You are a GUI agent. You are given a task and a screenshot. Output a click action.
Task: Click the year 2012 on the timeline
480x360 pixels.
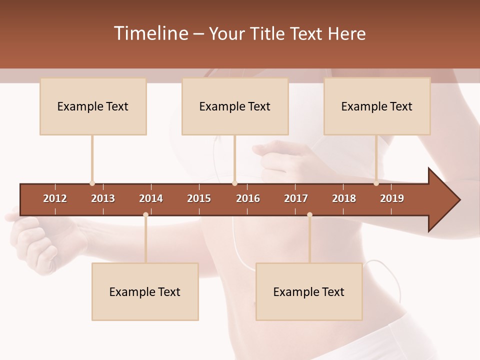click(x=55, y=198)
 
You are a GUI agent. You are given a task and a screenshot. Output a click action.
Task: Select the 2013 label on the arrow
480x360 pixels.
click(x=103, y=198)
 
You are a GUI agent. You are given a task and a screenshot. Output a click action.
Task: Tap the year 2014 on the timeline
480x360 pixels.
click(x=151, y=198)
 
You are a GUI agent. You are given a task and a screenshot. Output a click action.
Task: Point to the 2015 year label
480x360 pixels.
click(x=199, y=198)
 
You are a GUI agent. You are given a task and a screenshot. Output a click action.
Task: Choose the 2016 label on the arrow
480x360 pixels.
click(x=248, y=198)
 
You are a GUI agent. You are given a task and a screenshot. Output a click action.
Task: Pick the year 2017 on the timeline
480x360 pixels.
click(x=296, y=198)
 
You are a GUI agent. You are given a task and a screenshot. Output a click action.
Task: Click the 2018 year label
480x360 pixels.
click(x=344, y=198)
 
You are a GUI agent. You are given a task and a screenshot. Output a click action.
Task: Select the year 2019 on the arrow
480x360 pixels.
click(x=392, y=198)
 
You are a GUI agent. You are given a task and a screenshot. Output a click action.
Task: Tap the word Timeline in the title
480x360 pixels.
click(x=150, y=33)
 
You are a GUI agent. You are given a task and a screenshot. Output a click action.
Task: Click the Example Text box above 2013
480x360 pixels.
click(x=93, y=106)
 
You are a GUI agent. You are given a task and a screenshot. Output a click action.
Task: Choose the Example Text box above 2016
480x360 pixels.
click(x=235, y=106)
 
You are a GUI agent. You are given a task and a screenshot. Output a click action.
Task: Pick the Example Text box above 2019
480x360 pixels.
click(x=377, y=106)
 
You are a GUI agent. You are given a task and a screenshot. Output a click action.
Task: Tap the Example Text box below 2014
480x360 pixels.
click(x=145, y=292)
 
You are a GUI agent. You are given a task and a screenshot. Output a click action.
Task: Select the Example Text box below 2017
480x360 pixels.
click(x=309, y=292)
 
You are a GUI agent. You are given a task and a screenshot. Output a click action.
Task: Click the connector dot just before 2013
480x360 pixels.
click(x=92, y=183)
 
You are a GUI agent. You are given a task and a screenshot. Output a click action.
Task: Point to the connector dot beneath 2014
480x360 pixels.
click(x=145, y=215)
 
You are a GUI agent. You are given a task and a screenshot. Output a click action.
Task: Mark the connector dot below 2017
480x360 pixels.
click(x=309, y=215)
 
